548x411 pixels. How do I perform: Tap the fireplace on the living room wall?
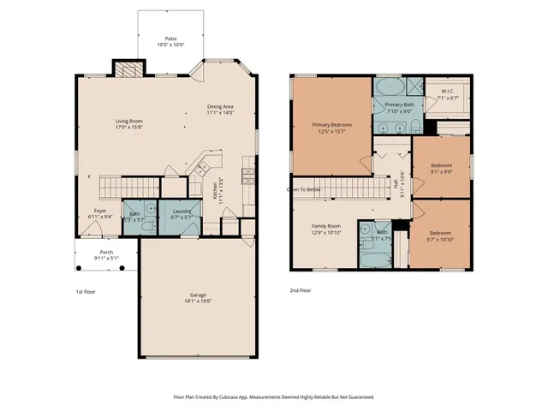pos(127,70)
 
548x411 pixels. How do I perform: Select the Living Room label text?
pos(128,121)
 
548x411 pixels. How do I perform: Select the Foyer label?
pos(101,211)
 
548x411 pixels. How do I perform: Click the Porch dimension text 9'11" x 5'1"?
pos(107,258)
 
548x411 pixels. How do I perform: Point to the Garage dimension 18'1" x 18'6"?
pos(198,301)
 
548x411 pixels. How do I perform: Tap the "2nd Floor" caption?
pos(300,290)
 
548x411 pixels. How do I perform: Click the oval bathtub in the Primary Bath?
pos(390,87)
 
